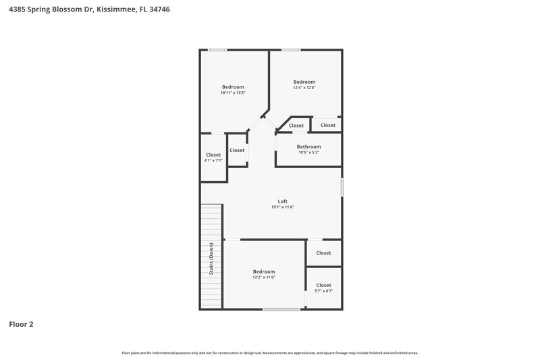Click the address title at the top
click(x=85, y=9)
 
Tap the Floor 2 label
click(x=21, y=324)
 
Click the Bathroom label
click(x=308, y=147)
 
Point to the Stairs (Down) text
click(x=211, y=259)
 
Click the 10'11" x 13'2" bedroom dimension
click(x=233, y=93)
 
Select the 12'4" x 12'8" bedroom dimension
click(x=304, y=88)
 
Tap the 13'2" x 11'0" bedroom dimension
click(x=263, y=277)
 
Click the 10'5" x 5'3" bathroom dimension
click(x=308, y=153)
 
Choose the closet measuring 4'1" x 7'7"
click(x=213, y=157)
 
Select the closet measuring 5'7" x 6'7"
click(x=323, y=288)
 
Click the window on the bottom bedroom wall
click(x=281, y=309)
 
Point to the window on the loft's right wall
click(x=342, y=187)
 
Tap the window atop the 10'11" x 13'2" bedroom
click(x=217, y=49)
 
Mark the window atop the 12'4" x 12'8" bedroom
click(x=292, y=49)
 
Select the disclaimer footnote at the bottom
click(x=270, y=353)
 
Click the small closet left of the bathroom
click(x=237, y=150)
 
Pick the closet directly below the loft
click(x=323, y=253)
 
